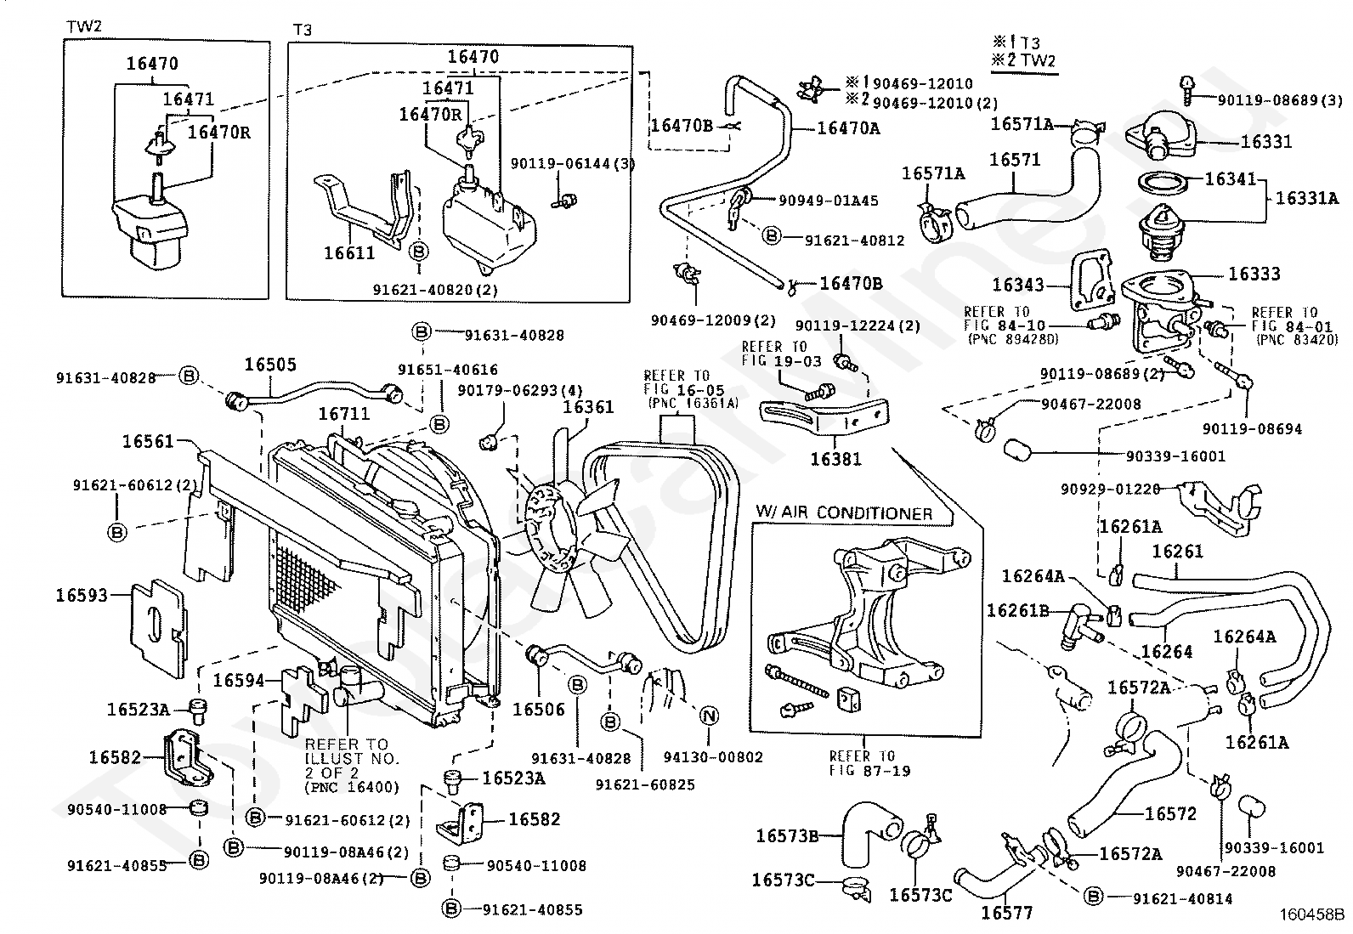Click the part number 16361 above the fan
pos(588,408)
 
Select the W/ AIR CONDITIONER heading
pos(844,512)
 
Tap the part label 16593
pos(82,595)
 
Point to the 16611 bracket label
pos(349,252)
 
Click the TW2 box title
pos(84,27)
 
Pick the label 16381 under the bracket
pos(835,459)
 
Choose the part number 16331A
pos(1307,199)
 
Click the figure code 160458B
pos(1313,916)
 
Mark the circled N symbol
pos(709,716)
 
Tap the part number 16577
pos(1006,914)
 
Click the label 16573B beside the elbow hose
pos(787,836)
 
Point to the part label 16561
pos(148,441)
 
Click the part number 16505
pos(270,365)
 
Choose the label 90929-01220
pos(1110,490)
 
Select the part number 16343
pos(1018,285)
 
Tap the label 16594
pos(238,680)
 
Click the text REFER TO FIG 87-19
pos(862,763)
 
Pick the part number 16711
pos(344,414)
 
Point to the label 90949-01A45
pos(829,201)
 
